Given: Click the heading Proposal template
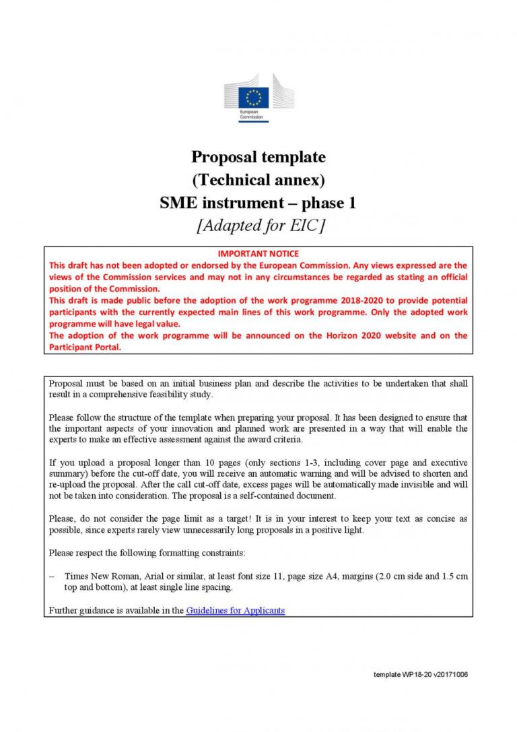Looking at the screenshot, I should [x=258, y=157].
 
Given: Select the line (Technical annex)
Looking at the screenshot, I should [x=258, y=180].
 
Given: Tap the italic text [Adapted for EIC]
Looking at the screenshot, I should [x=258, y=226].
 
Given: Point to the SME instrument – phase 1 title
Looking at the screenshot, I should [x=258, y=203].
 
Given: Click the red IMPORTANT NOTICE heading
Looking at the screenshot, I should [x=258, y=253].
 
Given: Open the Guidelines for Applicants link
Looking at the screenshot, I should [x=235, y=611].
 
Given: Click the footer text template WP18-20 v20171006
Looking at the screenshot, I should [x=420, y=674].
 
